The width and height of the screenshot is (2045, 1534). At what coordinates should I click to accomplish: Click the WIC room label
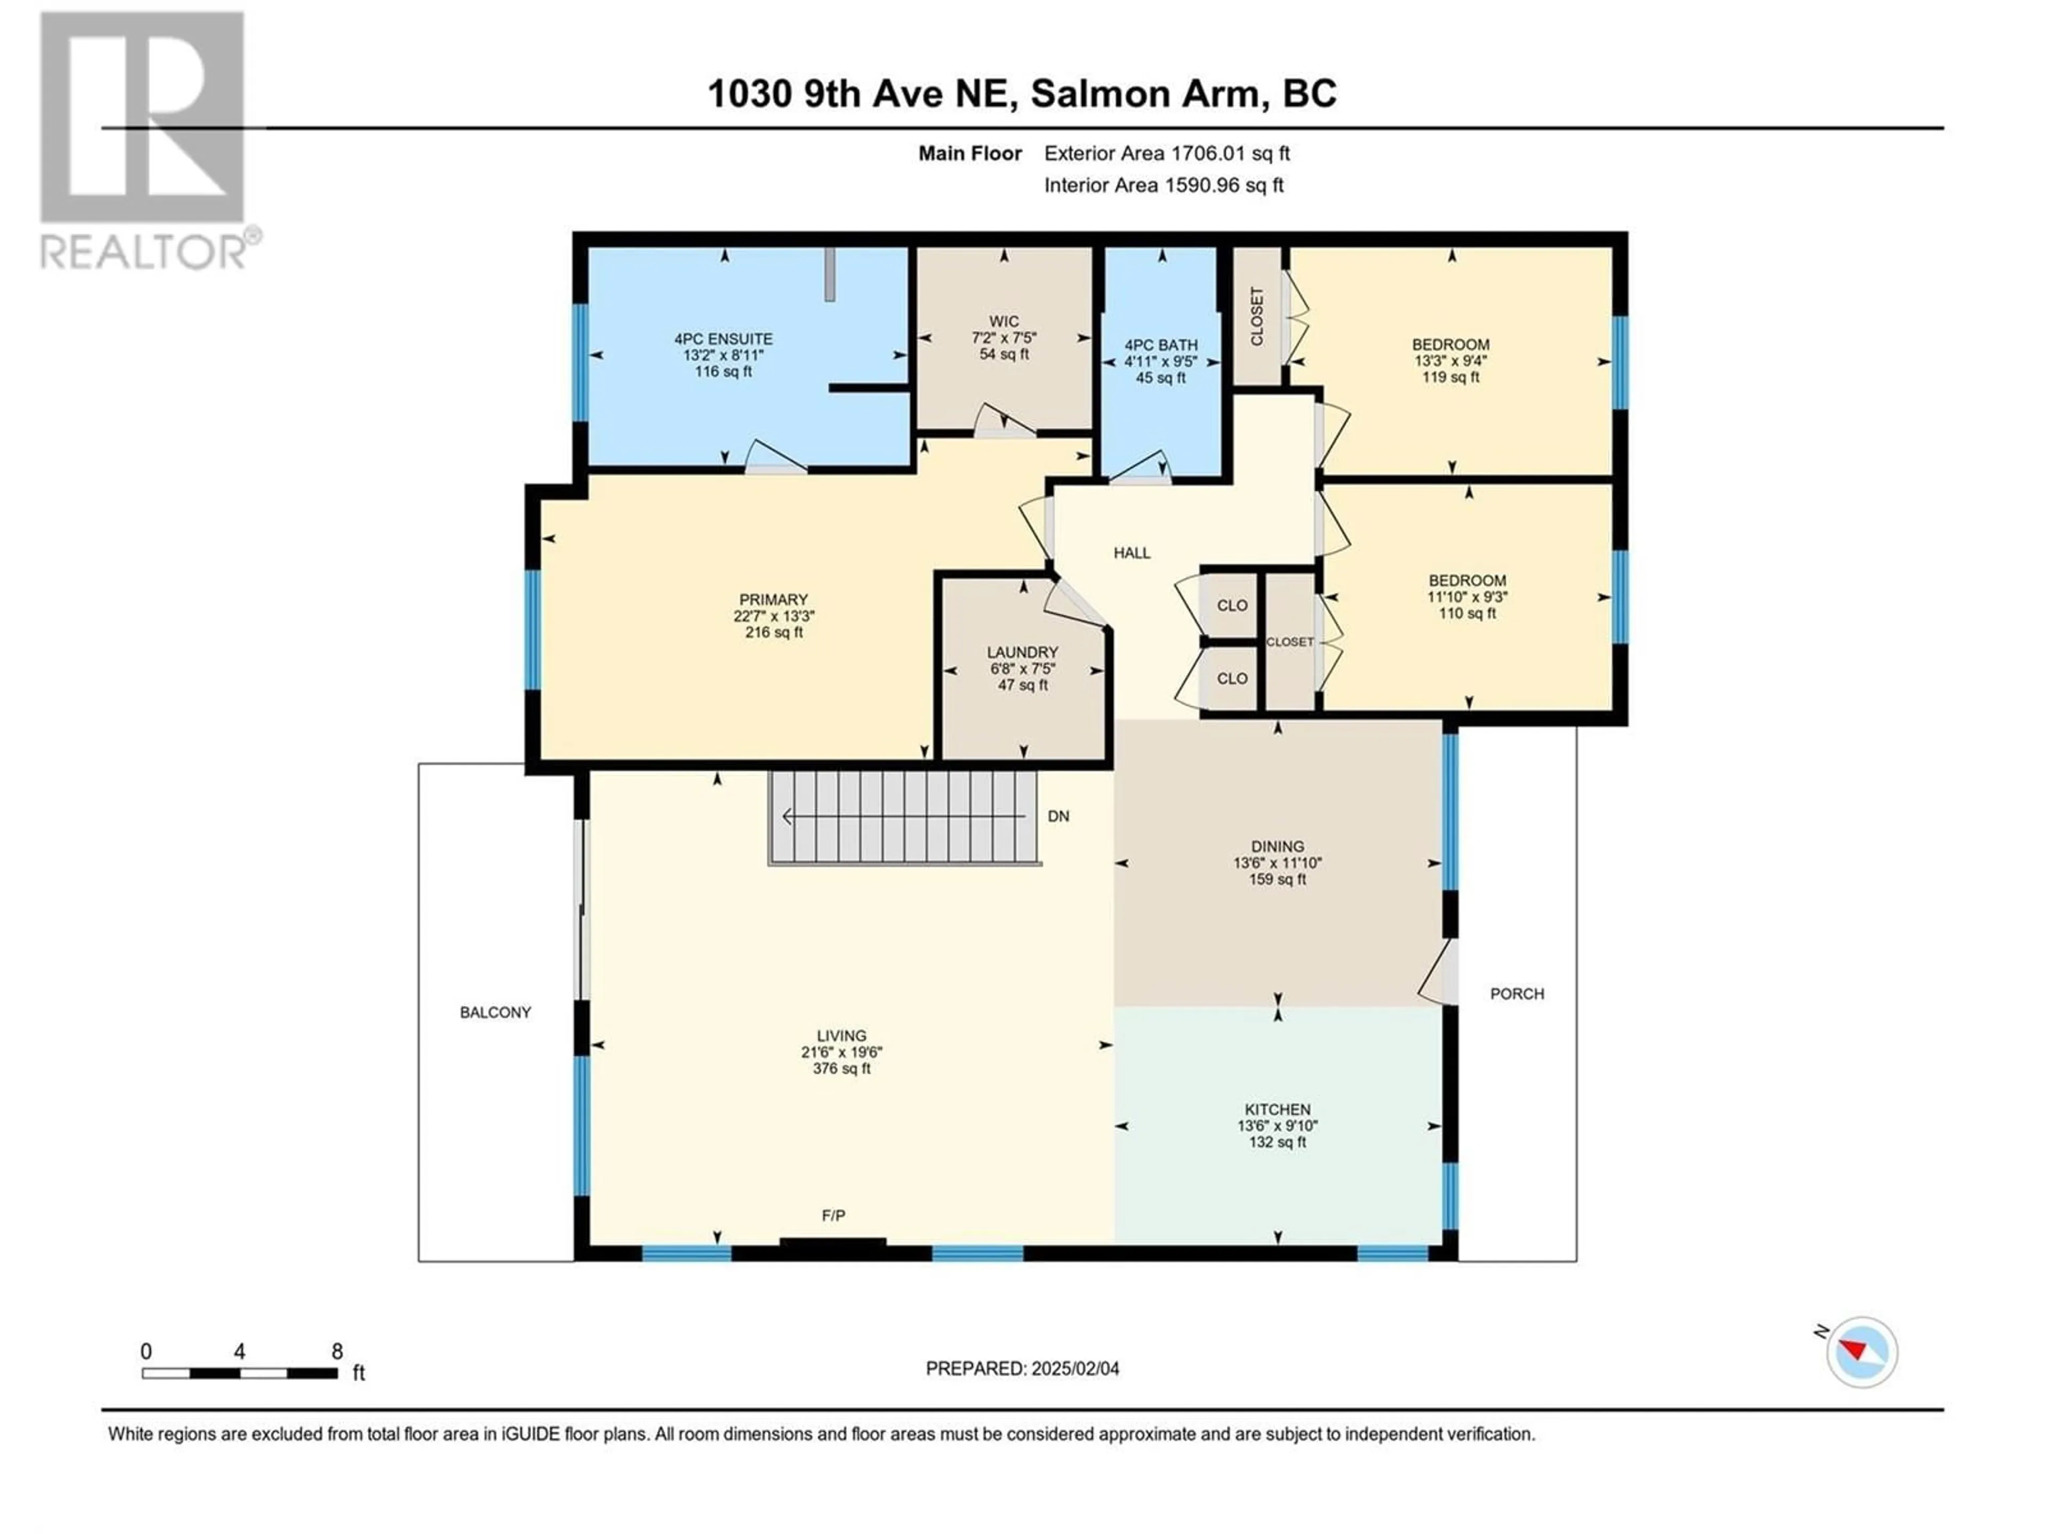point(1004,322)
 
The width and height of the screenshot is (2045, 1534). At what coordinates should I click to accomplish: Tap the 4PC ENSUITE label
point(723,339)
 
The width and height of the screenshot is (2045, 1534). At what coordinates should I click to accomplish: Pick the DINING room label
point(1278,846)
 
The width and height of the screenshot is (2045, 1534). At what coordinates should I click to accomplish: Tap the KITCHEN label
point(1278,1109)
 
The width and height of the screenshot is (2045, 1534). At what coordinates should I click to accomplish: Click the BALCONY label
point(495,1013)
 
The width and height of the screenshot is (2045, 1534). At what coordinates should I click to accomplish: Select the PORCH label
point(1517,994)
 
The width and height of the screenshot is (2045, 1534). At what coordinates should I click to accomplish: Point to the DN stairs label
point(1059,817)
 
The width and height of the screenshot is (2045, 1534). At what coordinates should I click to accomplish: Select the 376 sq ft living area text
point(841,1069)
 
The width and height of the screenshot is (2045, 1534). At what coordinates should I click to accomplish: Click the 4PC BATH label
point(1161,345)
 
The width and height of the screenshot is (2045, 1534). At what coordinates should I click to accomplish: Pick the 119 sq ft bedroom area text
point(1451,377)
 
